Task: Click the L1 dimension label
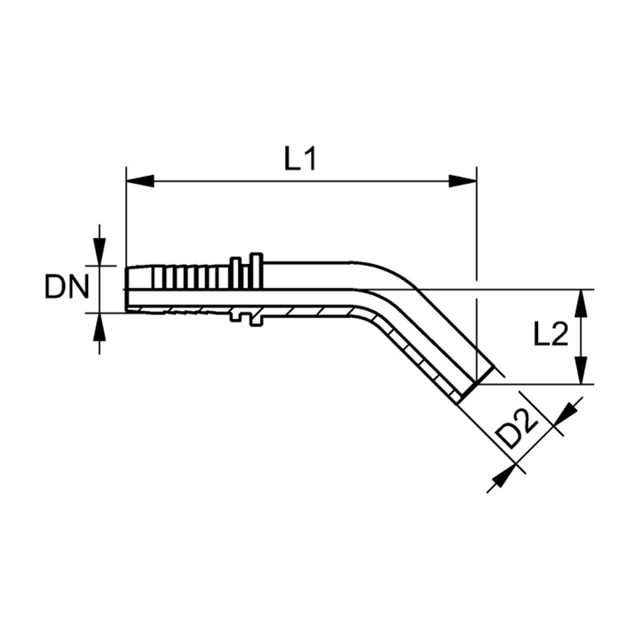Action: tap(300, 159)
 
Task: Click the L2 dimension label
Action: tap(551, 334)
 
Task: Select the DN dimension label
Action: tap(66, 287)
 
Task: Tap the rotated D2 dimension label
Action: tap(518, 429)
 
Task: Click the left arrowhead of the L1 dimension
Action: tap(140, 181)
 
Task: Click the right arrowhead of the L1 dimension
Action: tap(463, 181)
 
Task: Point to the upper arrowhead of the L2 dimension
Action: tap(582, 304)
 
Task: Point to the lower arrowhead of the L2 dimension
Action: tap(582, 370)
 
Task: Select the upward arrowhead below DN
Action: tap(100, 327)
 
